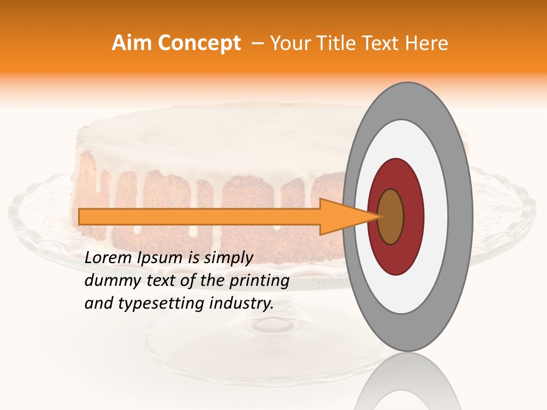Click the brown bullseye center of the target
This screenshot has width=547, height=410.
[390, 216]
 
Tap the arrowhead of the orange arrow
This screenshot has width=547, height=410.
[342, 216]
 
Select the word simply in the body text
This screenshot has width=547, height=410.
[227, 259]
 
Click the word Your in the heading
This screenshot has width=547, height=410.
[289, 43]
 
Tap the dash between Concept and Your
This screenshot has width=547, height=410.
[257, 43]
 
